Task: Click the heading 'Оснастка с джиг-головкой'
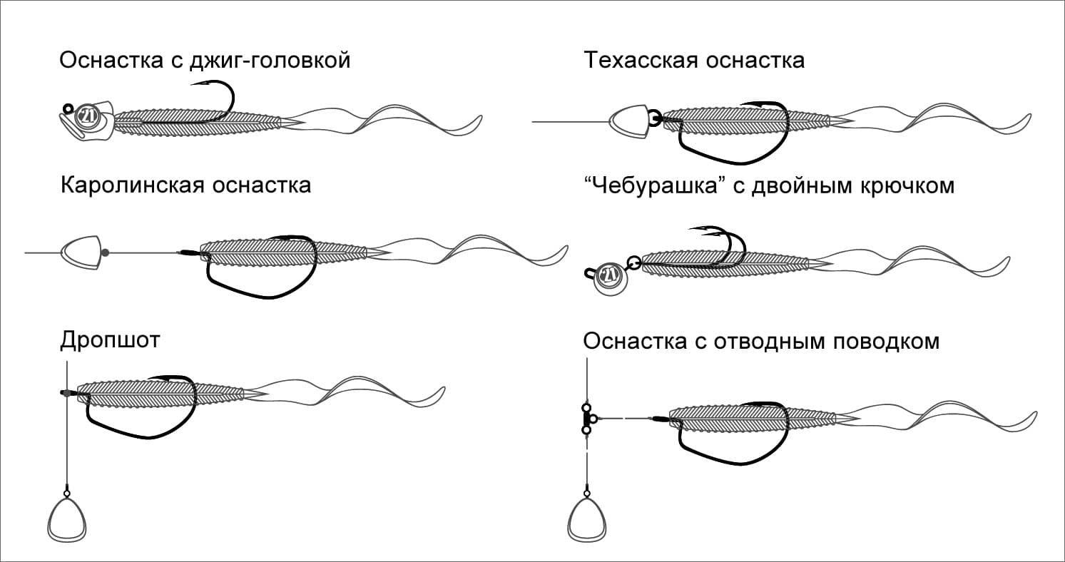(205, 60)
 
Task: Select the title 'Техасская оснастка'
(693, 60)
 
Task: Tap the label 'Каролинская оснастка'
(185, 185)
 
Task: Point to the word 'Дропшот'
(110, 340)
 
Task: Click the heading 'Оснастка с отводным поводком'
(761, 341)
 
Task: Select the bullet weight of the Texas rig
(628, 121)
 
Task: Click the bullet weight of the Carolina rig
(81, 252)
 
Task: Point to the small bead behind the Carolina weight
(106, 252)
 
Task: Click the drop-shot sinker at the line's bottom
(66, 519)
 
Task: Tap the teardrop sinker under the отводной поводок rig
(586, 519)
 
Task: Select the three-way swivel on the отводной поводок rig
(587, 419)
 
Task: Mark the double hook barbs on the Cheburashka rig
(695, 230)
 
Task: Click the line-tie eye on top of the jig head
(68, 108)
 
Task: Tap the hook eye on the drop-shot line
(66, 392)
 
